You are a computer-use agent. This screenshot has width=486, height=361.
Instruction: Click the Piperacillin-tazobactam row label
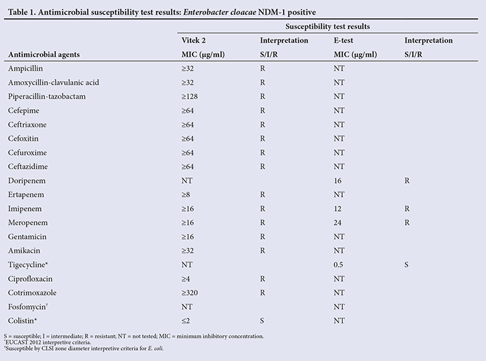47,97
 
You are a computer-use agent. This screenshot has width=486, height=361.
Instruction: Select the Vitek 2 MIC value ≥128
190,97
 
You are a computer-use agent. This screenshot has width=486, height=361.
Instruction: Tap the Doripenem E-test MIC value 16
338,180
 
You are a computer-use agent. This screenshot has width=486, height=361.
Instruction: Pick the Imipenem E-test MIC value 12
338,209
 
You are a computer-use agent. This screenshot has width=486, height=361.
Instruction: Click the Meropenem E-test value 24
338,223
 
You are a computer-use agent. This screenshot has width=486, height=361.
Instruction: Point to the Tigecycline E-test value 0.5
338,265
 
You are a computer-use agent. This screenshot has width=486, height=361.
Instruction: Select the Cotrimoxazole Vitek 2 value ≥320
190,293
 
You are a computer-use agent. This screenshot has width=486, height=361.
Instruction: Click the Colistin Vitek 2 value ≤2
186,321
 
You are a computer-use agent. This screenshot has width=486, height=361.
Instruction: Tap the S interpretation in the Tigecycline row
406,265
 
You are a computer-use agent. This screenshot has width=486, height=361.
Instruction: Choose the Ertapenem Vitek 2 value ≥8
186,195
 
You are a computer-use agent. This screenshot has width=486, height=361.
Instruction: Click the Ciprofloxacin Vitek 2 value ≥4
186,279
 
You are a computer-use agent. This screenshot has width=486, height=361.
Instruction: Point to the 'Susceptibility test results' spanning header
328,27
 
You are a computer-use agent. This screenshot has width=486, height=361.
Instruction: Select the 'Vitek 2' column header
193,40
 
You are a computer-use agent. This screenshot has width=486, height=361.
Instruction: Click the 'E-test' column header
343,40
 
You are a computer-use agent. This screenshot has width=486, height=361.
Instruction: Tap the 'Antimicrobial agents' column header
44,55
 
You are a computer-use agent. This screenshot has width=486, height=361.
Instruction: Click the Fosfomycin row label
28,306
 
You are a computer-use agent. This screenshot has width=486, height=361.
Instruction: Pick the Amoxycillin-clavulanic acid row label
54,82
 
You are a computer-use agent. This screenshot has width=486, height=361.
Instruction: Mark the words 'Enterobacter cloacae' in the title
220,12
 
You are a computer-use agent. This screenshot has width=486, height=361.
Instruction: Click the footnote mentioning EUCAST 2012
47,342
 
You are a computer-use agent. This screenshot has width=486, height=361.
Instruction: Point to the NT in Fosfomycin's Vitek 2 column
187,306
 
